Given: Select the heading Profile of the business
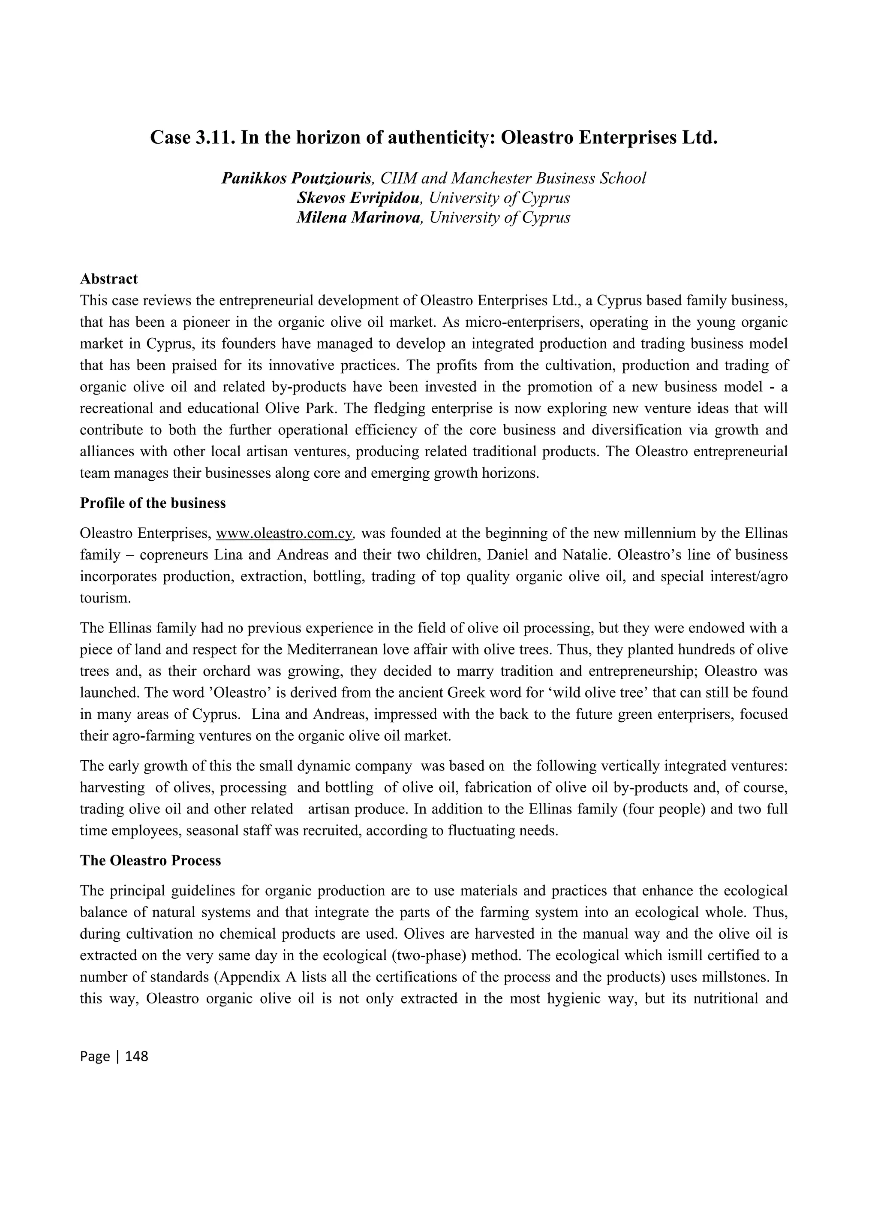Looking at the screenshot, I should (x=153, y=503).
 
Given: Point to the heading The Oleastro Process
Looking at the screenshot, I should (x=150, y=860).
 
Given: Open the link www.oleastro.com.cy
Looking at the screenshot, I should (x=284, y=533).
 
